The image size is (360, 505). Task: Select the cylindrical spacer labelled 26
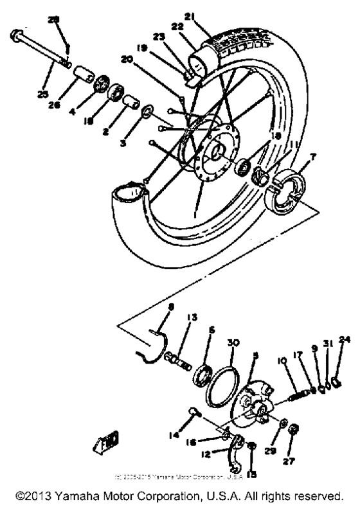coord(81,72)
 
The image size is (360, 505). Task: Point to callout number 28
coord(53,20)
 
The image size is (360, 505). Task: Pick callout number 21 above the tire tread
coord(205,15)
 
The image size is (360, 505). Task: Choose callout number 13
coord(190,318)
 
